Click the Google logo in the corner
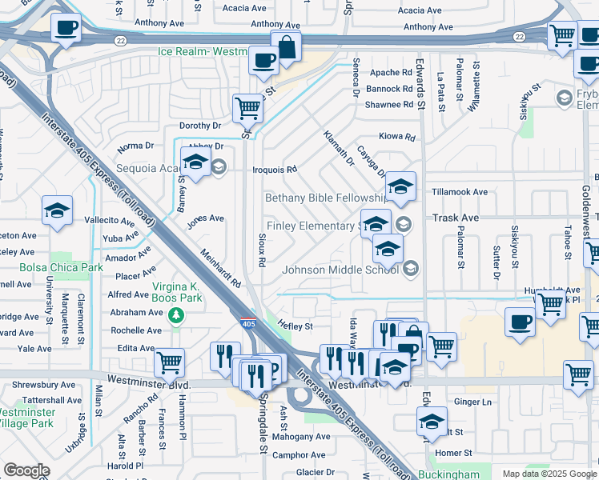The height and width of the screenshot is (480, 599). pos(26,470)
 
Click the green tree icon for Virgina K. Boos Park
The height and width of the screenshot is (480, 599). pos(175,316)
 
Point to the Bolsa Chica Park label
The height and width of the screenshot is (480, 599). pos(51,267)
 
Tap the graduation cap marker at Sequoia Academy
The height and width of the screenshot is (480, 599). pos(195,162)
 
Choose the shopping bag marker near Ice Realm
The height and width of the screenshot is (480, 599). pos(285,47)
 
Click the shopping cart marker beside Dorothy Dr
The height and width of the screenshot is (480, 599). pos(247,106)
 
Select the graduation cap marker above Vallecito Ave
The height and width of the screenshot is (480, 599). pos(57,210)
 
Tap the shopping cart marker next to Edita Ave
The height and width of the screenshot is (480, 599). pos(169,362)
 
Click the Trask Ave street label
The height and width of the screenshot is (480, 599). pos(455,217)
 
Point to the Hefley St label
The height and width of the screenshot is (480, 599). pos(294,326)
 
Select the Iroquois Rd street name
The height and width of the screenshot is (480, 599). pos(275,170)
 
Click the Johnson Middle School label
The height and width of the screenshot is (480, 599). pos(340,269)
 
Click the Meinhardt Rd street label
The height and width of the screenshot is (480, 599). pos(219,268)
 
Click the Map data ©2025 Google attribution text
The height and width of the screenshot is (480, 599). pos(549,473)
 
